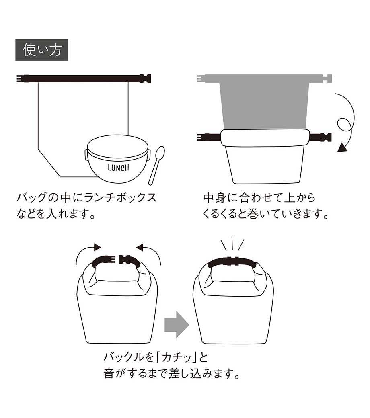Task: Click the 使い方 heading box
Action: point(41,50)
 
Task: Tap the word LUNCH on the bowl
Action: point(119,168)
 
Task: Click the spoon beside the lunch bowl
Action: point(156,165)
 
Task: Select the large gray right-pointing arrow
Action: point(177,325)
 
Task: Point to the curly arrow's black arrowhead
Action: point(343,148)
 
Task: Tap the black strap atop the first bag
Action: point(84,78)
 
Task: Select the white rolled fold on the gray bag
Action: point(265,138)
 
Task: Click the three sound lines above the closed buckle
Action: point(232,244)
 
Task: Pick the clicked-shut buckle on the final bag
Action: point(232,262)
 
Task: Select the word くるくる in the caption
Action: point(220,214)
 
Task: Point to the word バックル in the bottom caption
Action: point(124,357)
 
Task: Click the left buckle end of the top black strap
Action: point(23,78)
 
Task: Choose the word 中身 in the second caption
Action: point(214,197)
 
